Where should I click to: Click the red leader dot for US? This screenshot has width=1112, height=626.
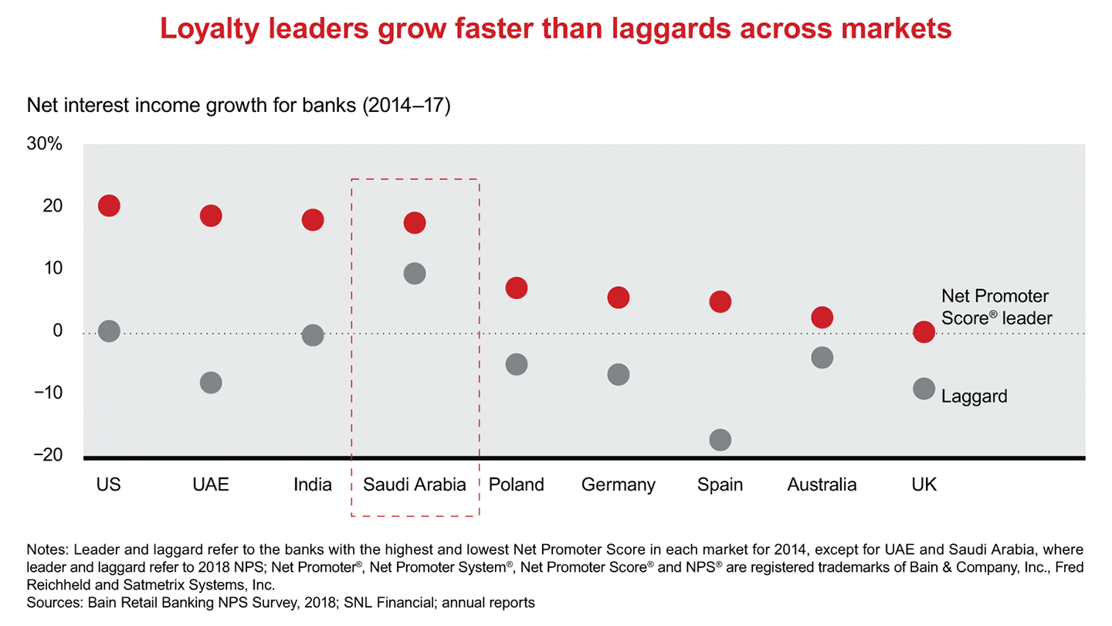point(109,206)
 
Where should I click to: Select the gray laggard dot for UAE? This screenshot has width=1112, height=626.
point(211,383)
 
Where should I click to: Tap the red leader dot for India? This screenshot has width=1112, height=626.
point(313,219)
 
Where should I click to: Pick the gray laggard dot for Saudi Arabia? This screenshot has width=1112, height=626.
point(415,274)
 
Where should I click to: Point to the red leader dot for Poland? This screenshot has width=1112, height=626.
point(517,287)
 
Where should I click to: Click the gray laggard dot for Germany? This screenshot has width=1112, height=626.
point(619,375)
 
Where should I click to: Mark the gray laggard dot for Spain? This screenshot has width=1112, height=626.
point(720,440)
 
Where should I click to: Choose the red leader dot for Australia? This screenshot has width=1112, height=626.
point(822,317)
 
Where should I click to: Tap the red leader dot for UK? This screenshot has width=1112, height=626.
point(924,332)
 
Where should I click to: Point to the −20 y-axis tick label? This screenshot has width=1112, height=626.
point(47,455)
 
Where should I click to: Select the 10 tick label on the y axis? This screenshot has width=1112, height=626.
point(53,268)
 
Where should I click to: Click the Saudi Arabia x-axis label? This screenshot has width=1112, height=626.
point(415,485)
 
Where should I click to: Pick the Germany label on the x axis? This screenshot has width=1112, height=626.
point(619,485)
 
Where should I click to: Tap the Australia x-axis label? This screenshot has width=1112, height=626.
point(822,485)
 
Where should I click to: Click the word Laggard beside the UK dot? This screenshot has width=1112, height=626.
point(975,396)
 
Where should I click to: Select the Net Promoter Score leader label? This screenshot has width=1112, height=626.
point(996,307)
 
